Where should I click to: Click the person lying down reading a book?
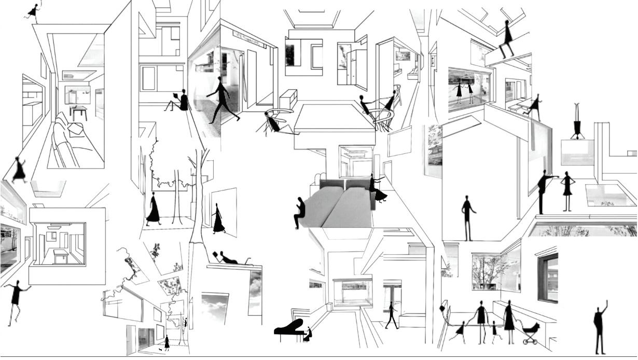pos(228,258)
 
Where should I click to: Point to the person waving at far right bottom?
pos(601,327)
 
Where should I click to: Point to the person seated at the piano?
pos(309,333)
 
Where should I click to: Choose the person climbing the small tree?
pos(185,323)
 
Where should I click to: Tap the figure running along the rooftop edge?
pos(33,12)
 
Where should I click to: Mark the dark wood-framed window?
pos(548,278)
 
